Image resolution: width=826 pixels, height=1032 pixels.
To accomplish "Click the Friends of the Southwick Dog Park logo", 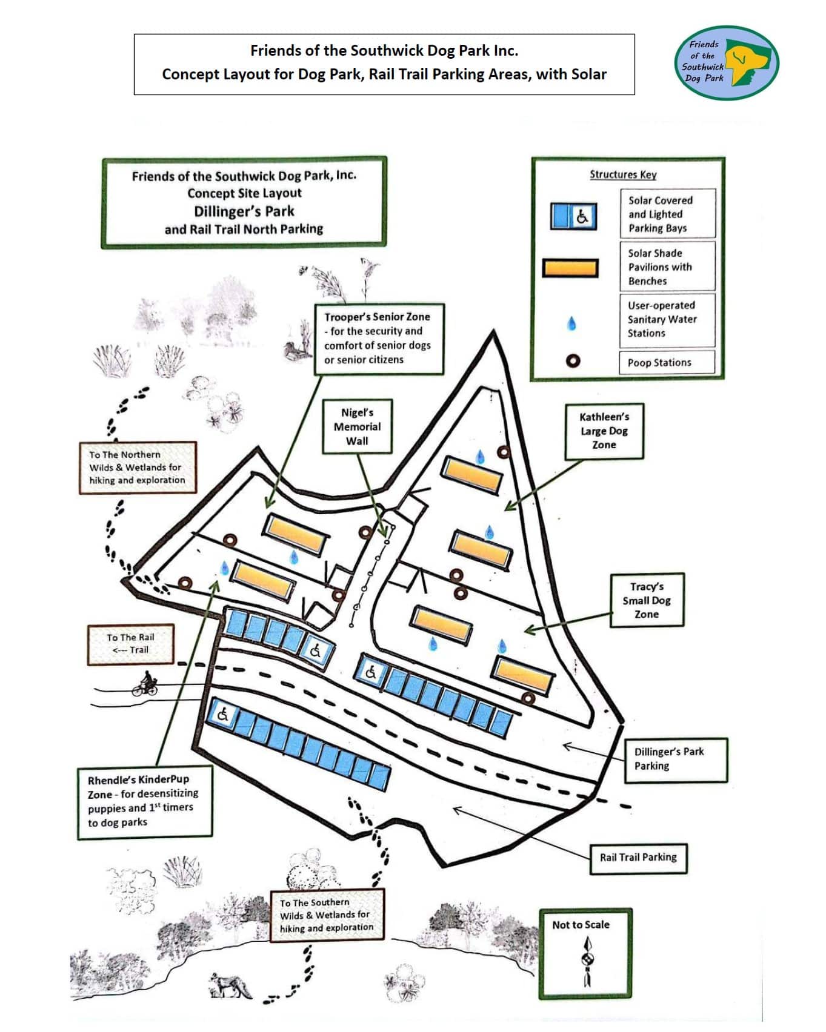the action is [x=726, y=62].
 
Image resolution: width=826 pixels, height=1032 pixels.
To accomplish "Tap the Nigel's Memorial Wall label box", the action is [x=357, y=426].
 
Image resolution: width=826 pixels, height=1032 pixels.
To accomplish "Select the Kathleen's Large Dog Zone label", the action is [x=604, y=431].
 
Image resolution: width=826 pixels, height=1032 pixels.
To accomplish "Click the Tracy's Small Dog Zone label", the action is [x=647, y=600].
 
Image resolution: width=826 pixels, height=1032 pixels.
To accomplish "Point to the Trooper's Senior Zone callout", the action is [x=379, y=339].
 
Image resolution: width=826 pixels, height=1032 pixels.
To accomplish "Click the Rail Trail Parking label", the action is [x=638, y=858].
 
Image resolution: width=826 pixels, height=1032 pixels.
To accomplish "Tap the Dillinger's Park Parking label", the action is [x=676, y=759].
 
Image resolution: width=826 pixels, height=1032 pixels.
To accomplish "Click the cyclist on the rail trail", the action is [x=145, y=683].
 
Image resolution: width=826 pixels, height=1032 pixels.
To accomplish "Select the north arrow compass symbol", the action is [x=587, y=961].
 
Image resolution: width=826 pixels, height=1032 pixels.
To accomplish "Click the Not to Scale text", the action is [x=581, y=925].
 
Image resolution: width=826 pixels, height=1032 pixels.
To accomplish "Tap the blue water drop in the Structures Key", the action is [x=571, y=323].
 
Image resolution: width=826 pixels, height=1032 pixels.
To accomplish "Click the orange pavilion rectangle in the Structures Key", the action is [x=570, y=268].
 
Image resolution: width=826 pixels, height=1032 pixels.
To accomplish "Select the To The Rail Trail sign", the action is [x=130, y=644].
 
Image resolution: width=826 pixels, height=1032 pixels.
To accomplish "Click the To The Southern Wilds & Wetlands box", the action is [x=327, y=915].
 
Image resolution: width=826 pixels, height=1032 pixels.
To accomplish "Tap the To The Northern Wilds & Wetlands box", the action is [x=138, y=468].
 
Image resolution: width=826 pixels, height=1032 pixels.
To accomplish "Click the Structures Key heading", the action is [x=623, y=174].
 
